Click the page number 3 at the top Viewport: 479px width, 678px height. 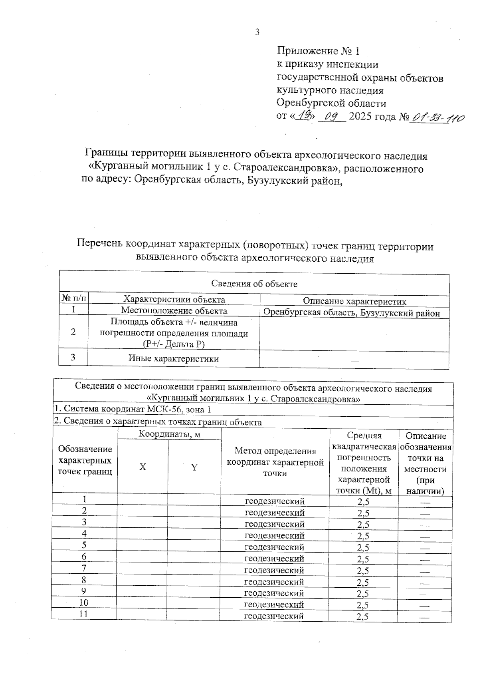tap(257, 32)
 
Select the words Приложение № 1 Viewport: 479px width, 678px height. tap(319, 51)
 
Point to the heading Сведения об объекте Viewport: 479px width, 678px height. tap(254, 284)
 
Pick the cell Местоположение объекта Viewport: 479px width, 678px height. tap(174, 311)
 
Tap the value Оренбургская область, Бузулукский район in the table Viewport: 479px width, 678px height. tap(352, 313)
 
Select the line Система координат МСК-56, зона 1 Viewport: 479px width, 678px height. tap(133, 409)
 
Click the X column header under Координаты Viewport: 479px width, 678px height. tap(143, 467)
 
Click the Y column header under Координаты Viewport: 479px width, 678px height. tap(194, 467)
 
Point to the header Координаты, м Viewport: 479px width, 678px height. tap(169, 434)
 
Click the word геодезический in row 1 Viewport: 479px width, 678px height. tap(275, 501)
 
